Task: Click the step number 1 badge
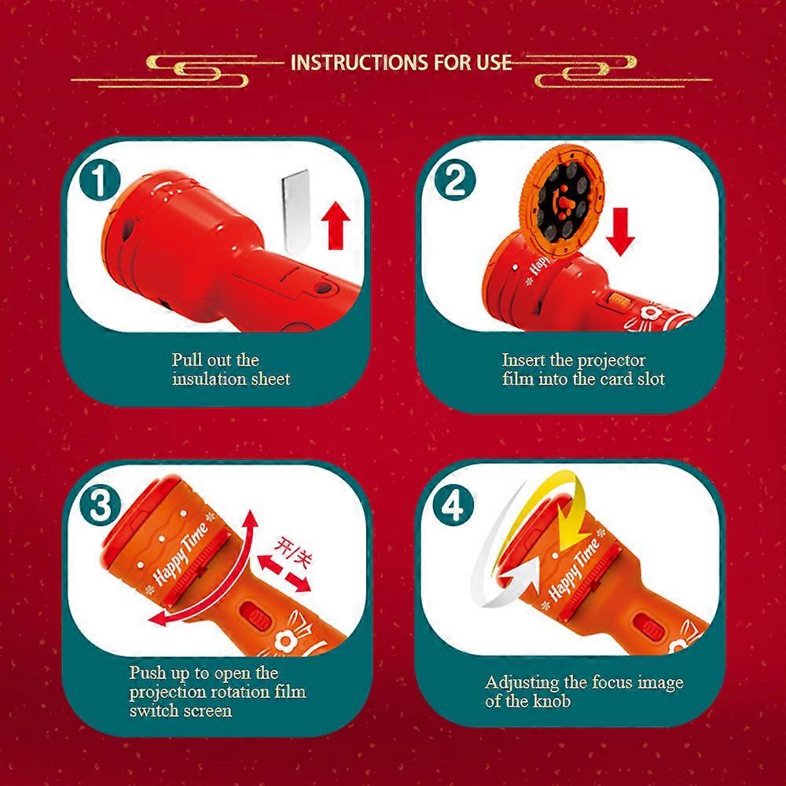tap(101, 181)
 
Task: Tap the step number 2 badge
tap(454, 181)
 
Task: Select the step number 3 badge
tap(101, 504)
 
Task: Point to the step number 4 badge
tap(454, 505)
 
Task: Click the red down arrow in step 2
tap(621, 232)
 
